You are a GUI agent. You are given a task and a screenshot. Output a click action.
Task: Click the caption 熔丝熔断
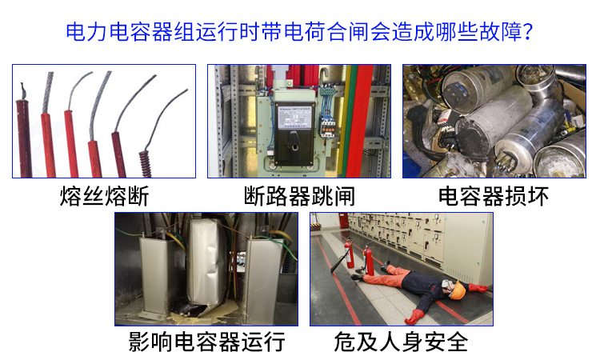click(x=104, y=196)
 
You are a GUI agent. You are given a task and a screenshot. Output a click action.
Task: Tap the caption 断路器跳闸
click(x=299, y=196)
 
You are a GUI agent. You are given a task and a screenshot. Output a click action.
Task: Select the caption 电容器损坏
click(x=494, y=196)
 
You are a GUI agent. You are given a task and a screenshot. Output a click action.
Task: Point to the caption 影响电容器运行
click(x=207, y=342)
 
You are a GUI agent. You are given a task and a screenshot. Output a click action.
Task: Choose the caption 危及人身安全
click(x=402, y=342)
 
